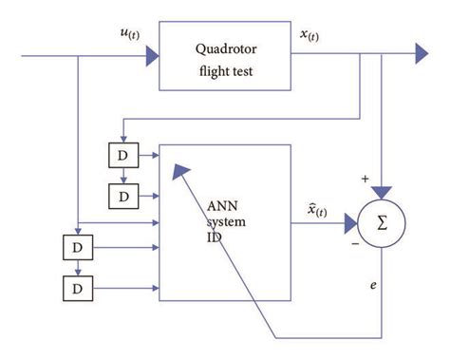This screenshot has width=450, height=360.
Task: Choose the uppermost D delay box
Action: (124, 155)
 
